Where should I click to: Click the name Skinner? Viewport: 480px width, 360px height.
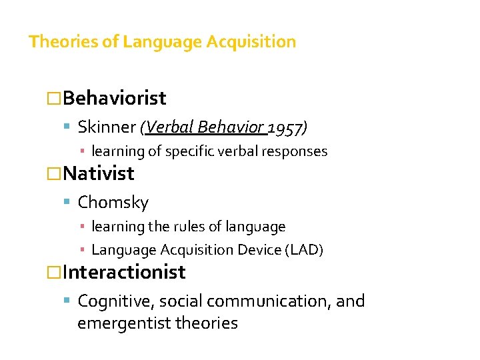tap(107, 127)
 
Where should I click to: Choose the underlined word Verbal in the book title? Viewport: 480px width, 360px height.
tap(168, 127)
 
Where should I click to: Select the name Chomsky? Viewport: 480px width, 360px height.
tap(113, 202)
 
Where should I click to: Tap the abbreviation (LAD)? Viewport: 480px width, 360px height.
tap(305, 250)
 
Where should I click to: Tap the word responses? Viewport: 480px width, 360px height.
tap(297, 151)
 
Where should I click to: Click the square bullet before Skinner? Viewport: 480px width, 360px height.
tap(70, 127)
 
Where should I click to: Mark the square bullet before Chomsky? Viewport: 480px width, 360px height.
tap(70, 202)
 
